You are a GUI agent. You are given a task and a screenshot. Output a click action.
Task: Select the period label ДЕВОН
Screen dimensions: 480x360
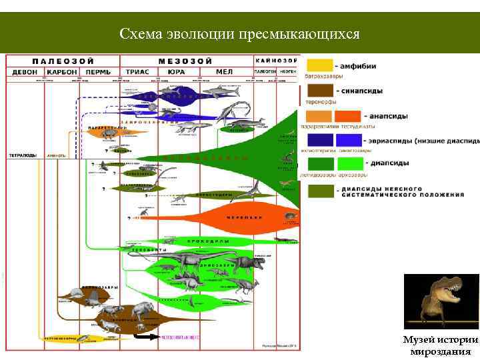tap(24, 72)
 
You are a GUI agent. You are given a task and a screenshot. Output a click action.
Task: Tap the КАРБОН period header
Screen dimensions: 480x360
tap(62, 72)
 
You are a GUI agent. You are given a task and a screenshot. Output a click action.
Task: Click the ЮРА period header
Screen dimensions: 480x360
tap(176, 72)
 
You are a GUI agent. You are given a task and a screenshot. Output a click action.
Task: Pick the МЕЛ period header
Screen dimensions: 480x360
tap(225, 72)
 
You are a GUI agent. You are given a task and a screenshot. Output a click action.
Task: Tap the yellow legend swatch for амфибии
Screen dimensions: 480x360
tap(319, 65)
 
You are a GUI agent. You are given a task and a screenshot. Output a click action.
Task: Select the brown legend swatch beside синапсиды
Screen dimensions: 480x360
tap(319, 91)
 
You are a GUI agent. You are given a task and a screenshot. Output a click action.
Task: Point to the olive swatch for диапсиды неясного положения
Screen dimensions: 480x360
tap(319, 191)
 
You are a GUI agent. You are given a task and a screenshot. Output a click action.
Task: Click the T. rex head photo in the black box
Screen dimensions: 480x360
tap(440, 301)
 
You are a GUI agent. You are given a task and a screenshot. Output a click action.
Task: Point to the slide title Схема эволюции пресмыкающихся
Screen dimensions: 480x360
tap(239, 34)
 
